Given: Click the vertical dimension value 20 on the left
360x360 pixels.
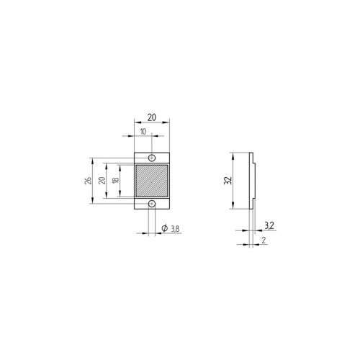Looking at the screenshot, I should (x=102, y=181).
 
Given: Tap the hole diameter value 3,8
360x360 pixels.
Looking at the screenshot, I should (x=175, y=229).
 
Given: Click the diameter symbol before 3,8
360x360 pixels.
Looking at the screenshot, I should (x=164, y=229).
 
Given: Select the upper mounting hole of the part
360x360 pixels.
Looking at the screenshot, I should (x=152, y=157).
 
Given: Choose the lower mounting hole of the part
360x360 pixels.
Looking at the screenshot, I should (x=152, y=206).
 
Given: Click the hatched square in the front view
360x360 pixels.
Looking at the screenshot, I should (x=152, y=181).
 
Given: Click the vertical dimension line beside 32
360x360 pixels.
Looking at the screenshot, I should (x=233, y=181).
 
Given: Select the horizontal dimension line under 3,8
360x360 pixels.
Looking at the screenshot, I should (x=162, y=233).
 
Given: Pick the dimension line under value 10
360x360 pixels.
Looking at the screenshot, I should (x=143, y=137).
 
